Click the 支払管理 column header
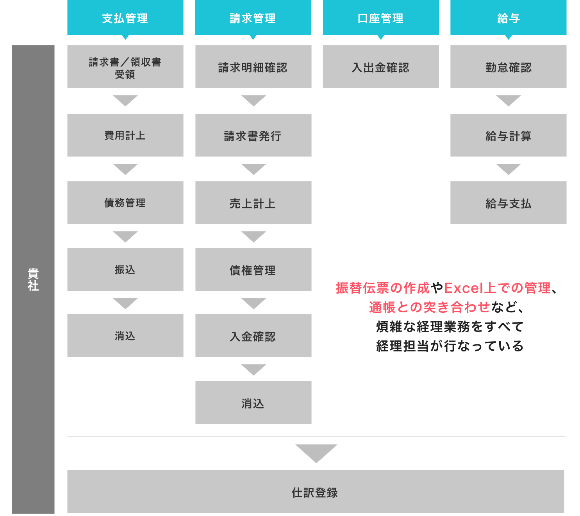(x=125, y=18)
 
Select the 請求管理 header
(x=253, y=18)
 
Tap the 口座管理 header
(x=381, y=18)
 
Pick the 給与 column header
(x=508, y=18)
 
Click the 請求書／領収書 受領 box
(x=125, y=66)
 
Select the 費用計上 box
(x=125, y=135)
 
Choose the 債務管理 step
(x=125, y=202)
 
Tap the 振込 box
(x=125, y=269)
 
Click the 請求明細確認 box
(x=253, y=66)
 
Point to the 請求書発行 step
(x=253, y=135)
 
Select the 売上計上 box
(x=253, y=202)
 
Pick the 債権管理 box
(x=253, y=269)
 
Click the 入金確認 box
(x=253, y=335)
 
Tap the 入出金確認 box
(x=381, y=66)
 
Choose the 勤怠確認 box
(x=508, y=66)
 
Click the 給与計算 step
(x=508, y=135)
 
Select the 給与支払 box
(x=508, y=202)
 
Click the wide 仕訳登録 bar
(x=316, y=491)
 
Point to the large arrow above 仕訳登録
(x=316, y=453)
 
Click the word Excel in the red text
(x=464, y=288)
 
